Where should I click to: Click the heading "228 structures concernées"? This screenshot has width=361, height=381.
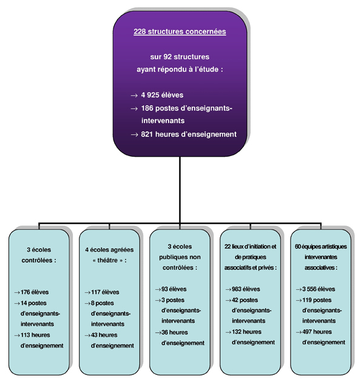coord(180,32)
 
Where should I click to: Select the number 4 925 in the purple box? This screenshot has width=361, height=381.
coord(150,95)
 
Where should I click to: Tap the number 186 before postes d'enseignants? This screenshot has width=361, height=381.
coord(147,108)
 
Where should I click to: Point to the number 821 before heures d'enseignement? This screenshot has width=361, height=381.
coord(147,134)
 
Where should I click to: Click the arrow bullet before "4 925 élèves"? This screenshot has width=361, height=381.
coord(134,96)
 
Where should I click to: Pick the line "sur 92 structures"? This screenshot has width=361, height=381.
coord(180,57)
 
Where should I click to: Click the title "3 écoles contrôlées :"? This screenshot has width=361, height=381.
coord(39,255)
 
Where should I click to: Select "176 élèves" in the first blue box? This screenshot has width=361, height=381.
coord(35,292)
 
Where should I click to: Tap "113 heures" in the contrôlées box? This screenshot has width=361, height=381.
coord(35,335)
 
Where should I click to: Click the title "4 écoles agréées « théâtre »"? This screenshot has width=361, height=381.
coord(109,255)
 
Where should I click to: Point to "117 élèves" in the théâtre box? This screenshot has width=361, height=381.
coord(105,292)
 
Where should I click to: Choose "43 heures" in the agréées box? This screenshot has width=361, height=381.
coord(104,335)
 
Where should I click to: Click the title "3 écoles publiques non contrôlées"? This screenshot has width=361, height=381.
coord(180,257)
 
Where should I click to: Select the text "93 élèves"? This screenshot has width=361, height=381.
coord(174,289)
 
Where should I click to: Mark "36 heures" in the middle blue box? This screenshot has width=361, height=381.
coord(175,332)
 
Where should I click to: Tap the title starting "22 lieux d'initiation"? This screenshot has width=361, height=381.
coord(251,257)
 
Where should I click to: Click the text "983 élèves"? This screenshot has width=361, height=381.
coord(246,289)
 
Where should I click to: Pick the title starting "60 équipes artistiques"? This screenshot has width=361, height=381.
coord(321,257)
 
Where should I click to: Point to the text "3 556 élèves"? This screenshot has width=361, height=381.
coord(319,289)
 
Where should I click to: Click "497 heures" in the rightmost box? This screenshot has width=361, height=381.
coord(317,332)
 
